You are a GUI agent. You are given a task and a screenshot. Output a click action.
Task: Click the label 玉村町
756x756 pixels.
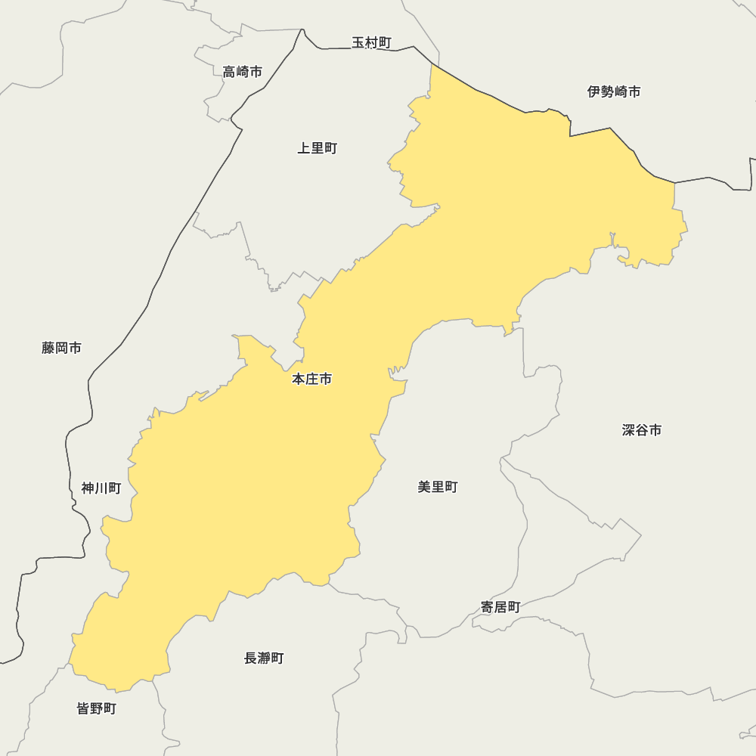371,42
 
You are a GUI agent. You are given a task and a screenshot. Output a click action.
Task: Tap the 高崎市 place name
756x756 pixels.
243,72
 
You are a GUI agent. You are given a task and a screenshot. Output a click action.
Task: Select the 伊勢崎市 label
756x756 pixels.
614,91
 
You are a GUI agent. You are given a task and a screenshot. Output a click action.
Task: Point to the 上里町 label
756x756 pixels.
317,148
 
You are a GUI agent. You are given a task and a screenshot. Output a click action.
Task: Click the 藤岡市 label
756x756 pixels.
62,348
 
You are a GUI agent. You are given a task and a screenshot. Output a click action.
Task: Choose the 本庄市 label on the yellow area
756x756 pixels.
311,380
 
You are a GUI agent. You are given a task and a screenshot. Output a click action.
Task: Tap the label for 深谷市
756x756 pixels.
642,430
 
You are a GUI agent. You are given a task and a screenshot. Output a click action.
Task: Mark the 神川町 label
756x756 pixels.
101,488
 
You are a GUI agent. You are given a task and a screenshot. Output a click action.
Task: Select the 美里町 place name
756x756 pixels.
438,488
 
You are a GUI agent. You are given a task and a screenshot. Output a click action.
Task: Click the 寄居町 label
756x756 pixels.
500,607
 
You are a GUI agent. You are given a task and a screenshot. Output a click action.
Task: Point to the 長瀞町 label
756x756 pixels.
264,658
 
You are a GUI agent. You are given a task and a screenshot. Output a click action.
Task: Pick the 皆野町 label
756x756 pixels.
97,708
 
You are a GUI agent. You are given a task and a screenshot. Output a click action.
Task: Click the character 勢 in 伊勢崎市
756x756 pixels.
607,91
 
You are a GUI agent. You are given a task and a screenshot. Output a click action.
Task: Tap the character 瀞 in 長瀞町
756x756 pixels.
264,658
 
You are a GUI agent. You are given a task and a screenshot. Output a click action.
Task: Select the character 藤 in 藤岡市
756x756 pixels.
48,348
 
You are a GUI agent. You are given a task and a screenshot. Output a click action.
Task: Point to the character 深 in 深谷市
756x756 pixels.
629,430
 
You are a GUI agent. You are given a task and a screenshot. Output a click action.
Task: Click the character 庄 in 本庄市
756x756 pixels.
311,380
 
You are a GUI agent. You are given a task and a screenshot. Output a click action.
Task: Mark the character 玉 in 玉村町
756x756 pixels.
358,42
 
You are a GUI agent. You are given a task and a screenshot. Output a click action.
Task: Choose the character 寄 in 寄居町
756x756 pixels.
488,607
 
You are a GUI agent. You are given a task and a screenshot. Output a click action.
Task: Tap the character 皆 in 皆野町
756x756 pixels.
84,708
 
